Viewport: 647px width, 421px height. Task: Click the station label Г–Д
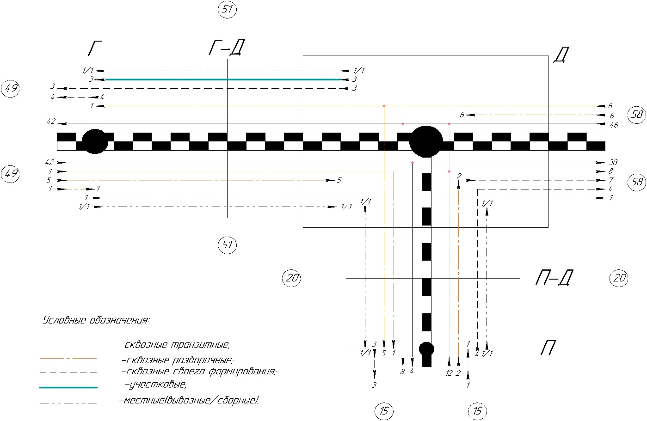click(227, 48)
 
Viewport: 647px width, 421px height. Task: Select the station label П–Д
click(555, 278)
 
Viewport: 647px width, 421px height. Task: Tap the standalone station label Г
click(95, 48)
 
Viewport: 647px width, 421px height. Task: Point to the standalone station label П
click(548, 348)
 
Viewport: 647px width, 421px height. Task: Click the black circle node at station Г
click(95, 141)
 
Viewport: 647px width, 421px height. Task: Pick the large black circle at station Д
click(426, 141)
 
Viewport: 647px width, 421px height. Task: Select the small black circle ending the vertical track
click(426, 348)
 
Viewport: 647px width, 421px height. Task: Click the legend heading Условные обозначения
click(96, 320)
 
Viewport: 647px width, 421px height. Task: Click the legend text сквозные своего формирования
click(198, 371)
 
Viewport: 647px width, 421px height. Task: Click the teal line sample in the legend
click(68, 387)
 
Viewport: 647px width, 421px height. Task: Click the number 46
click(614, 125)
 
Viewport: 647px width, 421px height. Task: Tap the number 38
click(613, 162)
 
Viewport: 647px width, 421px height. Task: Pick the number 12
click(449, 373)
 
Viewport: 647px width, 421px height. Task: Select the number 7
click(611, 180)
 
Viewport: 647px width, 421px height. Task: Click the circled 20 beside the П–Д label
click(619, 278)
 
